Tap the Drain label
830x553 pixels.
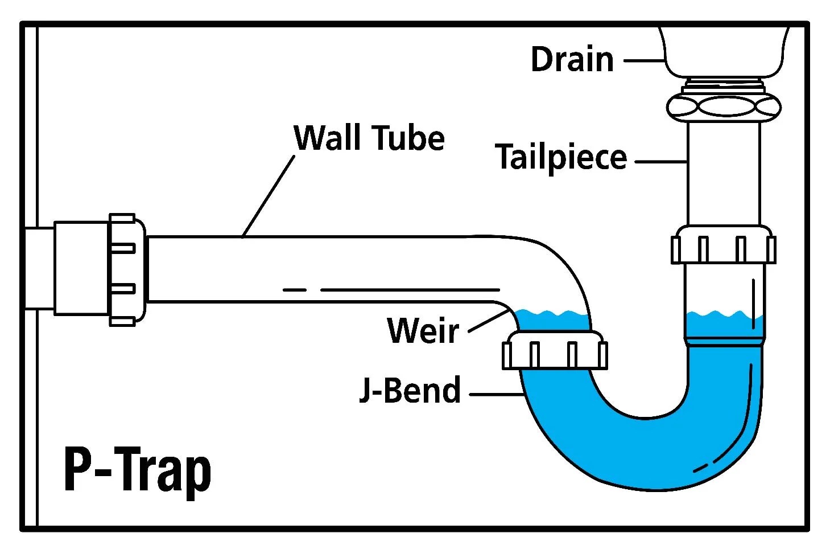572,59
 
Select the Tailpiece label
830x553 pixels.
560,157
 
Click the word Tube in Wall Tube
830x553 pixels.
408,138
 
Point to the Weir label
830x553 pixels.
423,330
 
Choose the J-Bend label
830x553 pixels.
410,391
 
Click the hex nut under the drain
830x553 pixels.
722,106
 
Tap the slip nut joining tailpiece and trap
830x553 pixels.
722,245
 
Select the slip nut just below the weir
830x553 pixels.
555,351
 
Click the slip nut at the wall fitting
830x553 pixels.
126,269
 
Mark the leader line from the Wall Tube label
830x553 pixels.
269,196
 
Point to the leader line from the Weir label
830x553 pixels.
488,322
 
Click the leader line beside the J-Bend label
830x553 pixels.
495,394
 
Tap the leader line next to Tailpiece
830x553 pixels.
660,162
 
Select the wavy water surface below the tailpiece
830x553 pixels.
724,314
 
